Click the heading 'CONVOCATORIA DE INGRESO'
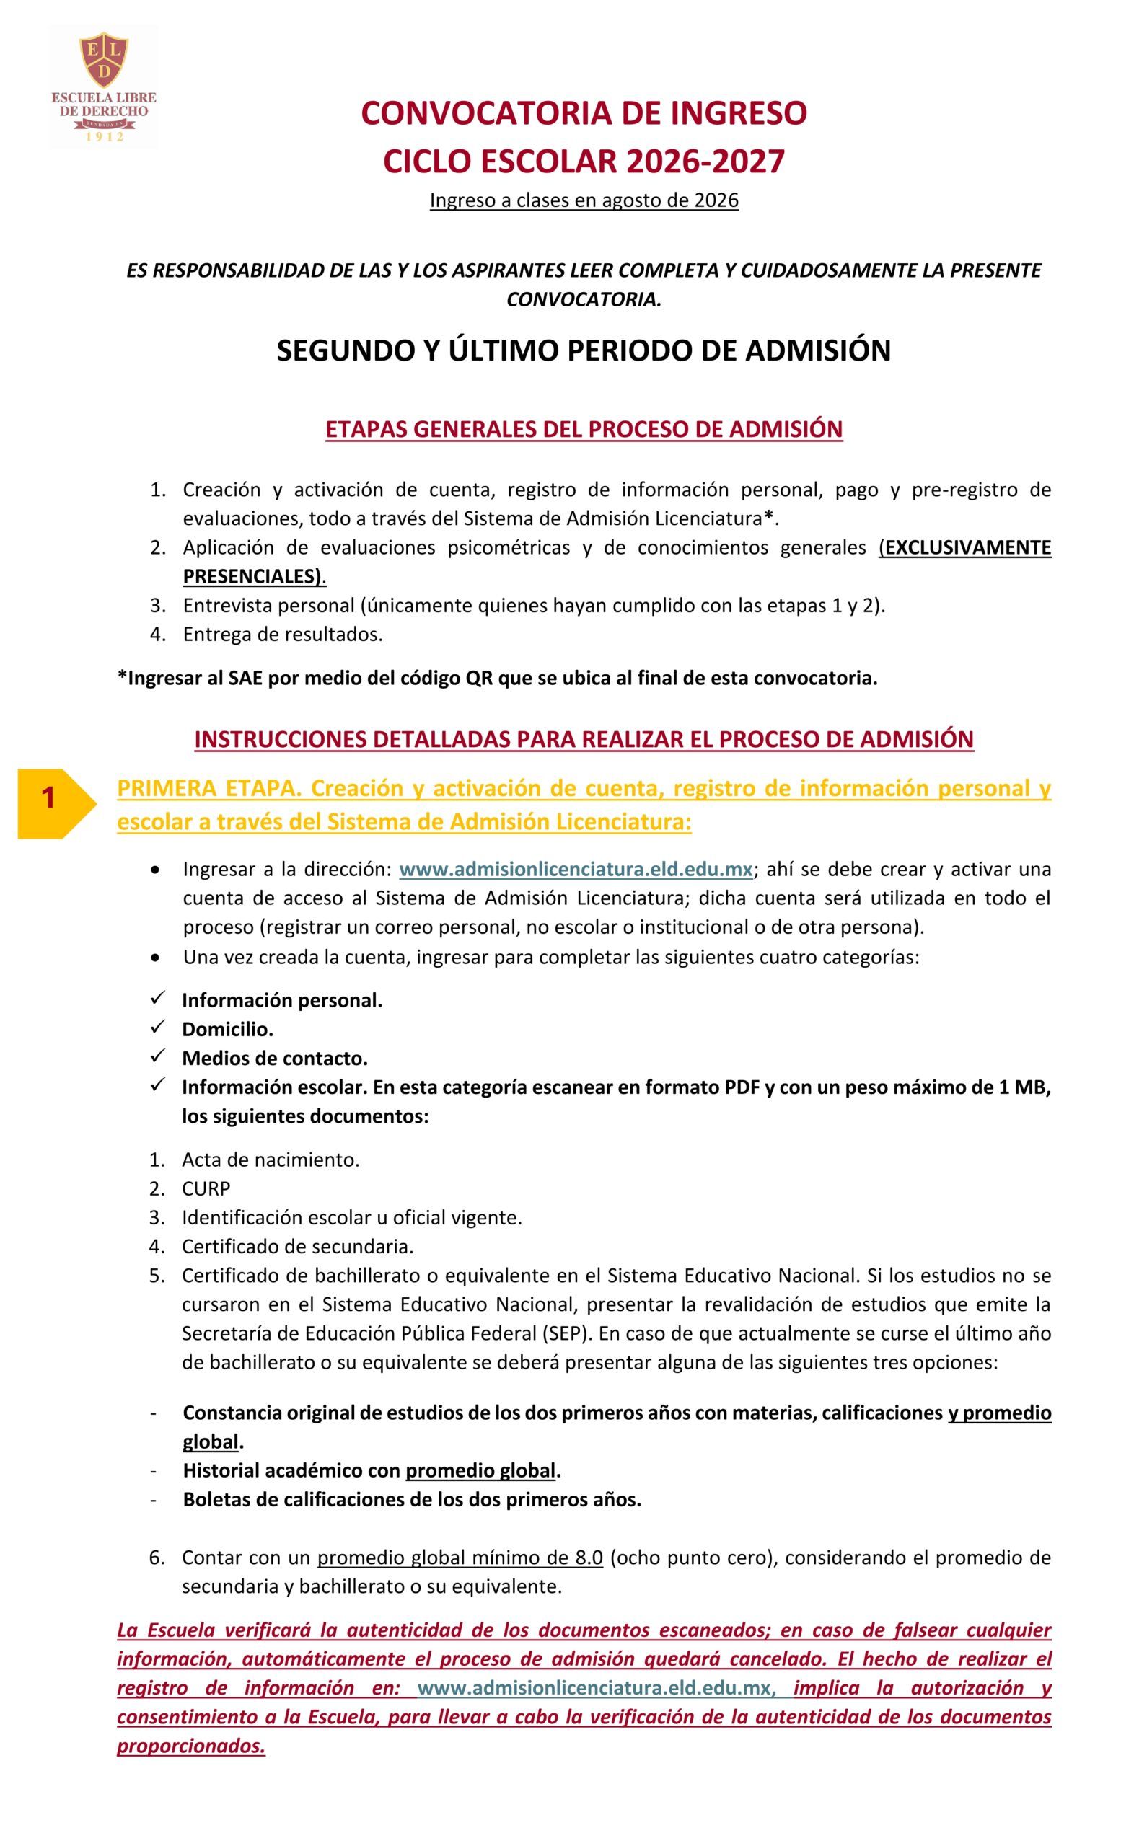pyautogui.click(x=584, y=113)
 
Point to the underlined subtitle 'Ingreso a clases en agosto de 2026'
pyautogui.click(x=584, y=200)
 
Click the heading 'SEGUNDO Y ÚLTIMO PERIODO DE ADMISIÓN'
pyautogui.click(x=584, y=350)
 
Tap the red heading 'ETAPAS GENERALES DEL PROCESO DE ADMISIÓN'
pyautogui.click(x=584, y=429)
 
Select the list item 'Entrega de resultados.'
pyautogui.click(x=283, y=635)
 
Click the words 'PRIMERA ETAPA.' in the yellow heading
pyautogui.click(x=209, y=788)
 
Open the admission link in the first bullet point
pyautogui.click(x=576, y=869)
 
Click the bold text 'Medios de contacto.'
pyautogui.click(x=274, y=1058)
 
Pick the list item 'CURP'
pyautogui.click(x=206, y=1188)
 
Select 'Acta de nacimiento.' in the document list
pyautogui.click(x=271, y=1160)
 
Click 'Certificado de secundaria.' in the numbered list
pyautogui.click(x=297, y=1247)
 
